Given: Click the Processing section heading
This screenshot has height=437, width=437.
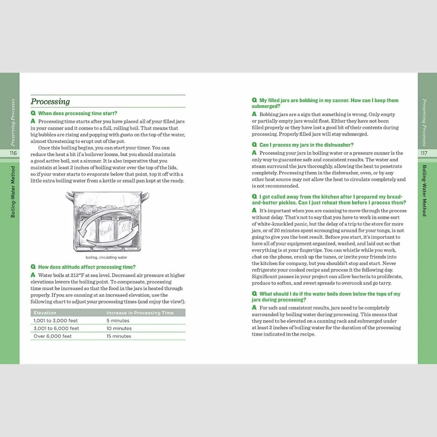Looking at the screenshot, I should pos(50,102).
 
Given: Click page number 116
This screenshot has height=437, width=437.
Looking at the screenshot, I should pos(13,153).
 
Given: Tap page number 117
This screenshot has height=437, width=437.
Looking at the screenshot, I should pos(424,153).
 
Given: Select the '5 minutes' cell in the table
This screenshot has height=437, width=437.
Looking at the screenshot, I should pos(118,321).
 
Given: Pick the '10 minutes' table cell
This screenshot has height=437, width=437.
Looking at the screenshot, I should pos(119,328).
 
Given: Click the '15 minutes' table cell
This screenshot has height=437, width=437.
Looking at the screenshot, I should pos(119,336).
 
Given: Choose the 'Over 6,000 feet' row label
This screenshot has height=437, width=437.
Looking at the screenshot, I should pos(53,336).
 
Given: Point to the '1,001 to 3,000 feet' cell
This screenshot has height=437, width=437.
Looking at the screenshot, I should pos(56,321).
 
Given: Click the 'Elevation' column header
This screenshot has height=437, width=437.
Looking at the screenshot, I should pos(45,313).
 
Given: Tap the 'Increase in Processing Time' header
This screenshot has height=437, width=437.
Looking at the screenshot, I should pos(140,313).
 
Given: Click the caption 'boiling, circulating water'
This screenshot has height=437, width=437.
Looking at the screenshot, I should pos(106,257).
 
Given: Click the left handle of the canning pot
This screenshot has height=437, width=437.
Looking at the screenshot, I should pos(69,197).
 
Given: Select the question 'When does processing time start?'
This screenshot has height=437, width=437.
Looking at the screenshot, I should pos(78,113).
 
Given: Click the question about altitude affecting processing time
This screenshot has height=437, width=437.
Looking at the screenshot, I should pos(87,267).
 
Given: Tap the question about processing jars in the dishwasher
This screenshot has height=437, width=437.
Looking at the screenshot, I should pos(306,145).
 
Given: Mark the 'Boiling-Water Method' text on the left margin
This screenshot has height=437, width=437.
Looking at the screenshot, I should pos(13,192).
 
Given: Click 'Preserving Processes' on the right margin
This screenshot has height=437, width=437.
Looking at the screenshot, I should pos(424,122).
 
